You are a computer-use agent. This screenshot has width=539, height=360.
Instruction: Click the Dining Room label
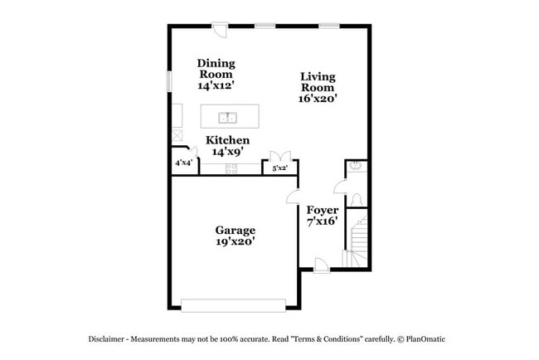216,69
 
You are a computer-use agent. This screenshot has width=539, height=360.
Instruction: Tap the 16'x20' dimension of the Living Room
318,98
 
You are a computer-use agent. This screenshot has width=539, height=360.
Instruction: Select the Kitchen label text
228,140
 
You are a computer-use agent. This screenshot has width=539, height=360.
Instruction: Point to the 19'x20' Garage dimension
236,241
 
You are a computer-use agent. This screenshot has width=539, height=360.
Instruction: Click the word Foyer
323,210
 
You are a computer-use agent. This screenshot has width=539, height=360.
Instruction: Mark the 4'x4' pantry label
183,163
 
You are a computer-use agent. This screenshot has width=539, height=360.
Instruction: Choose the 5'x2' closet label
280,168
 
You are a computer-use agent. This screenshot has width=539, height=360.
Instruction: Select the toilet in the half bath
357,199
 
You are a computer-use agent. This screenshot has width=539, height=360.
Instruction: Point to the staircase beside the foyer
358,241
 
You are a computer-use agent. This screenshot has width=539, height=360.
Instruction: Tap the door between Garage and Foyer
293,197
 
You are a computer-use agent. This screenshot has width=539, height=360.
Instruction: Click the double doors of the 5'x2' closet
280,155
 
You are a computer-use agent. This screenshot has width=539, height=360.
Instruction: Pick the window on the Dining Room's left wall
169,81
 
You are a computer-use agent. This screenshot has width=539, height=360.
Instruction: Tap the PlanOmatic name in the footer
427,339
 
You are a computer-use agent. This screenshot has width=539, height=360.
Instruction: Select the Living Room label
318,81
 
